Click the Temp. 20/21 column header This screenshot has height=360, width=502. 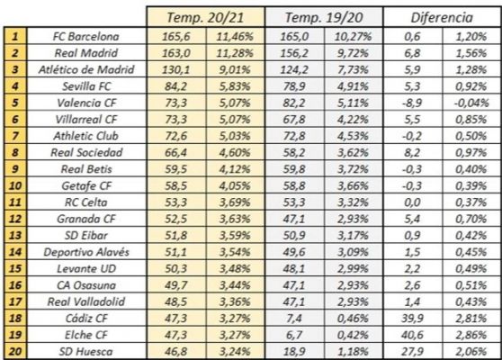tap(205, 17)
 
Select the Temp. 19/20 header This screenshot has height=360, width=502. tap(324, 17)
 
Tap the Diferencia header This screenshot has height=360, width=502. tap(442, 18)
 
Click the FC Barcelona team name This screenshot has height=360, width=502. tap(86, 37)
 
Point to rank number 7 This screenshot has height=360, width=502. tap(15, 136)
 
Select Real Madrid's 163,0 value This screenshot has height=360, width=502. tap(175, 53)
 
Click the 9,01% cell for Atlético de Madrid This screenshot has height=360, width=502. tap(235, 69)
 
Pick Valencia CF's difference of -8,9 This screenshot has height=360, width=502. tap(412, 103)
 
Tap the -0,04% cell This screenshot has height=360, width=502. tap(471, 103)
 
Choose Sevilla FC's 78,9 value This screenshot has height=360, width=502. tap(294, 86)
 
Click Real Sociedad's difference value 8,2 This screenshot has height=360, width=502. tap(412, 152)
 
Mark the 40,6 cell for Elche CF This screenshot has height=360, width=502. tap(412, 335)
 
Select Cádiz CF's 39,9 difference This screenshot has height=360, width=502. tap(412, 319)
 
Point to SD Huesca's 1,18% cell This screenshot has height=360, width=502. tap(353, 352)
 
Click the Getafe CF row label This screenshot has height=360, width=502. tap(86, 185)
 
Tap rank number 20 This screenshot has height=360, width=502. tap(15, 352)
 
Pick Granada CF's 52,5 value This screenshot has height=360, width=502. tap(175, 219)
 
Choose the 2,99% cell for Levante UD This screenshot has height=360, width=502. tap(353, 269)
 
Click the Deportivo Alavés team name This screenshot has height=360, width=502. tap(86, 252)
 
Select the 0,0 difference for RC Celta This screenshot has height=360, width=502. tap(412, 202)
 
